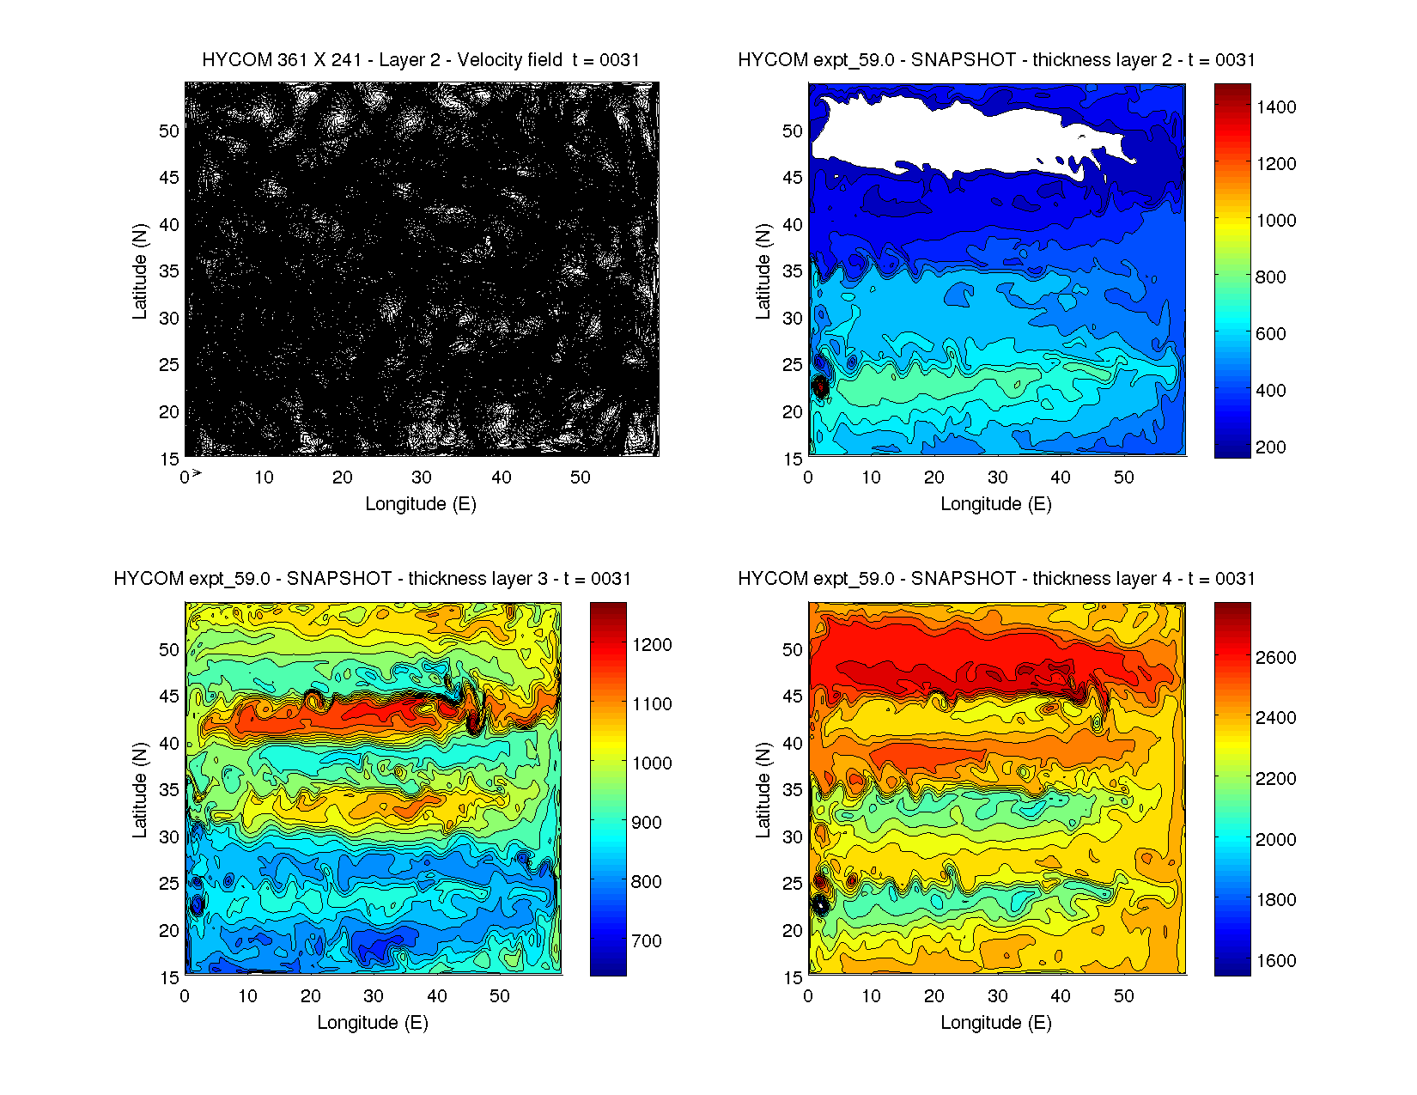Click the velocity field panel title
420,60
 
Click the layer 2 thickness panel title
996,60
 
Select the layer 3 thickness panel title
372,579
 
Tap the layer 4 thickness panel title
996,579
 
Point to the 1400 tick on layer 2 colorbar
1276,107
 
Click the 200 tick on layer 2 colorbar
1271,447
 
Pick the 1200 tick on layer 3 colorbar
652,645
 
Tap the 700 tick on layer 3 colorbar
647,941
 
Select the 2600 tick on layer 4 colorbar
1276,658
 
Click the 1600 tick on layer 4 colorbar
1276,961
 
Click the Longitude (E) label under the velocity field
420,504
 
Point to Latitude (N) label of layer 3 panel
139,790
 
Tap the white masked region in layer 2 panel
927,133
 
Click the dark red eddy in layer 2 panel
821,386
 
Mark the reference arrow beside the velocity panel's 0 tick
197,473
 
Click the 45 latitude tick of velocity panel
169,178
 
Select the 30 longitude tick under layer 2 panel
997,478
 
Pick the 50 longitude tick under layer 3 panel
500,996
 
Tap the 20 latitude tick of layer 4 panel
793,931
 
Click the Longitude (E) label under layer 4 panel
996,1023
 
